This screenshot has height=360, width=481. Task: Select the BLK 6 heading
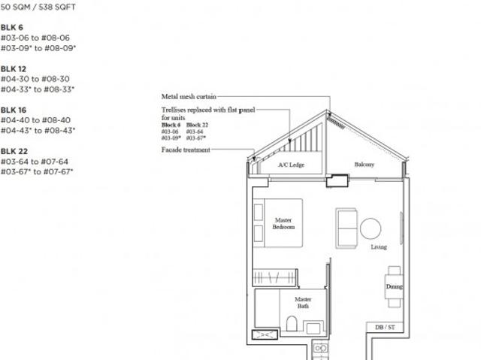coord(11,27)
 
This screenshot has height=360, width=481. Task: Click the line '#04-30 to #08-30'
coord(35,79)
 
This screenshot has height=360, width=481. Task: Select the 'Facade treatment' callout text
coord(186,150)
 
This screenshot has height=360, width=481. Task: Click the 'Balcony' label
coord(365,165)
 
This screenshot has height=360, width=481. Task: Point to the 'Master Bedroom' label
coord(284,223)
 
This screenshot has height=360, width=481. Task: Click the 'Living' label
coord(380,247)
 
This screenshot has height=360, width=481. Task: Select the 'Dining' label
coord(394,286)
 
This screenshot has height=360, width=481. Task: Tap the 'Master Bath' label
coord(304,302)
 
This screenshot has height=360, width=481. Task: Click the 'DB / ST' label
coord(384,327)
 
